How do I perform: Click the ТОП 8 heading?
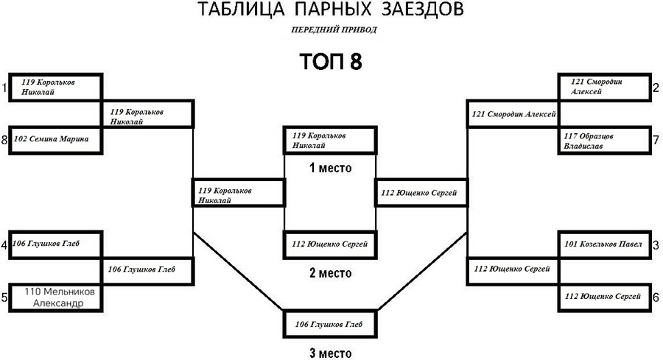pos(331,61)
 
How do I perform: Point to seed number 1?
pos(4,88)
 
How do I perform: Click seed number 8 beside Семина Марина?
pos(4,139)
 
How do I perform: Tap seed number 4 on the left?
pos(4,244)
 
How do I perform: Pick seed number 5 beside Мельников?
pos(4,297)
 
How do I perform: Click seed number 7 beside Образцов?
pos(656,141)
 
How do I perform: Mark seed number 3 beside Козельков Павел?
pos(656,244)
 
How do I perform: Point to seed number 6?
pos(656,297)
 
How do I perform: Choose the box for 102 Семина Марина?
pos(55,139)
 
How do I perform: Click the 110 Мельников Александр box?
pos(55,297)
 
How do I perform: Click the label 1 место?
pos(330,169)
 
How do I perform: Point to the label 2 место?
pos(330,273)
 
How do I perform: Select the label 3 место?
pos(330,353)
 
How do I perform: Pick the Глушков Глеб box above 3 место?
pos(331,323)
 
